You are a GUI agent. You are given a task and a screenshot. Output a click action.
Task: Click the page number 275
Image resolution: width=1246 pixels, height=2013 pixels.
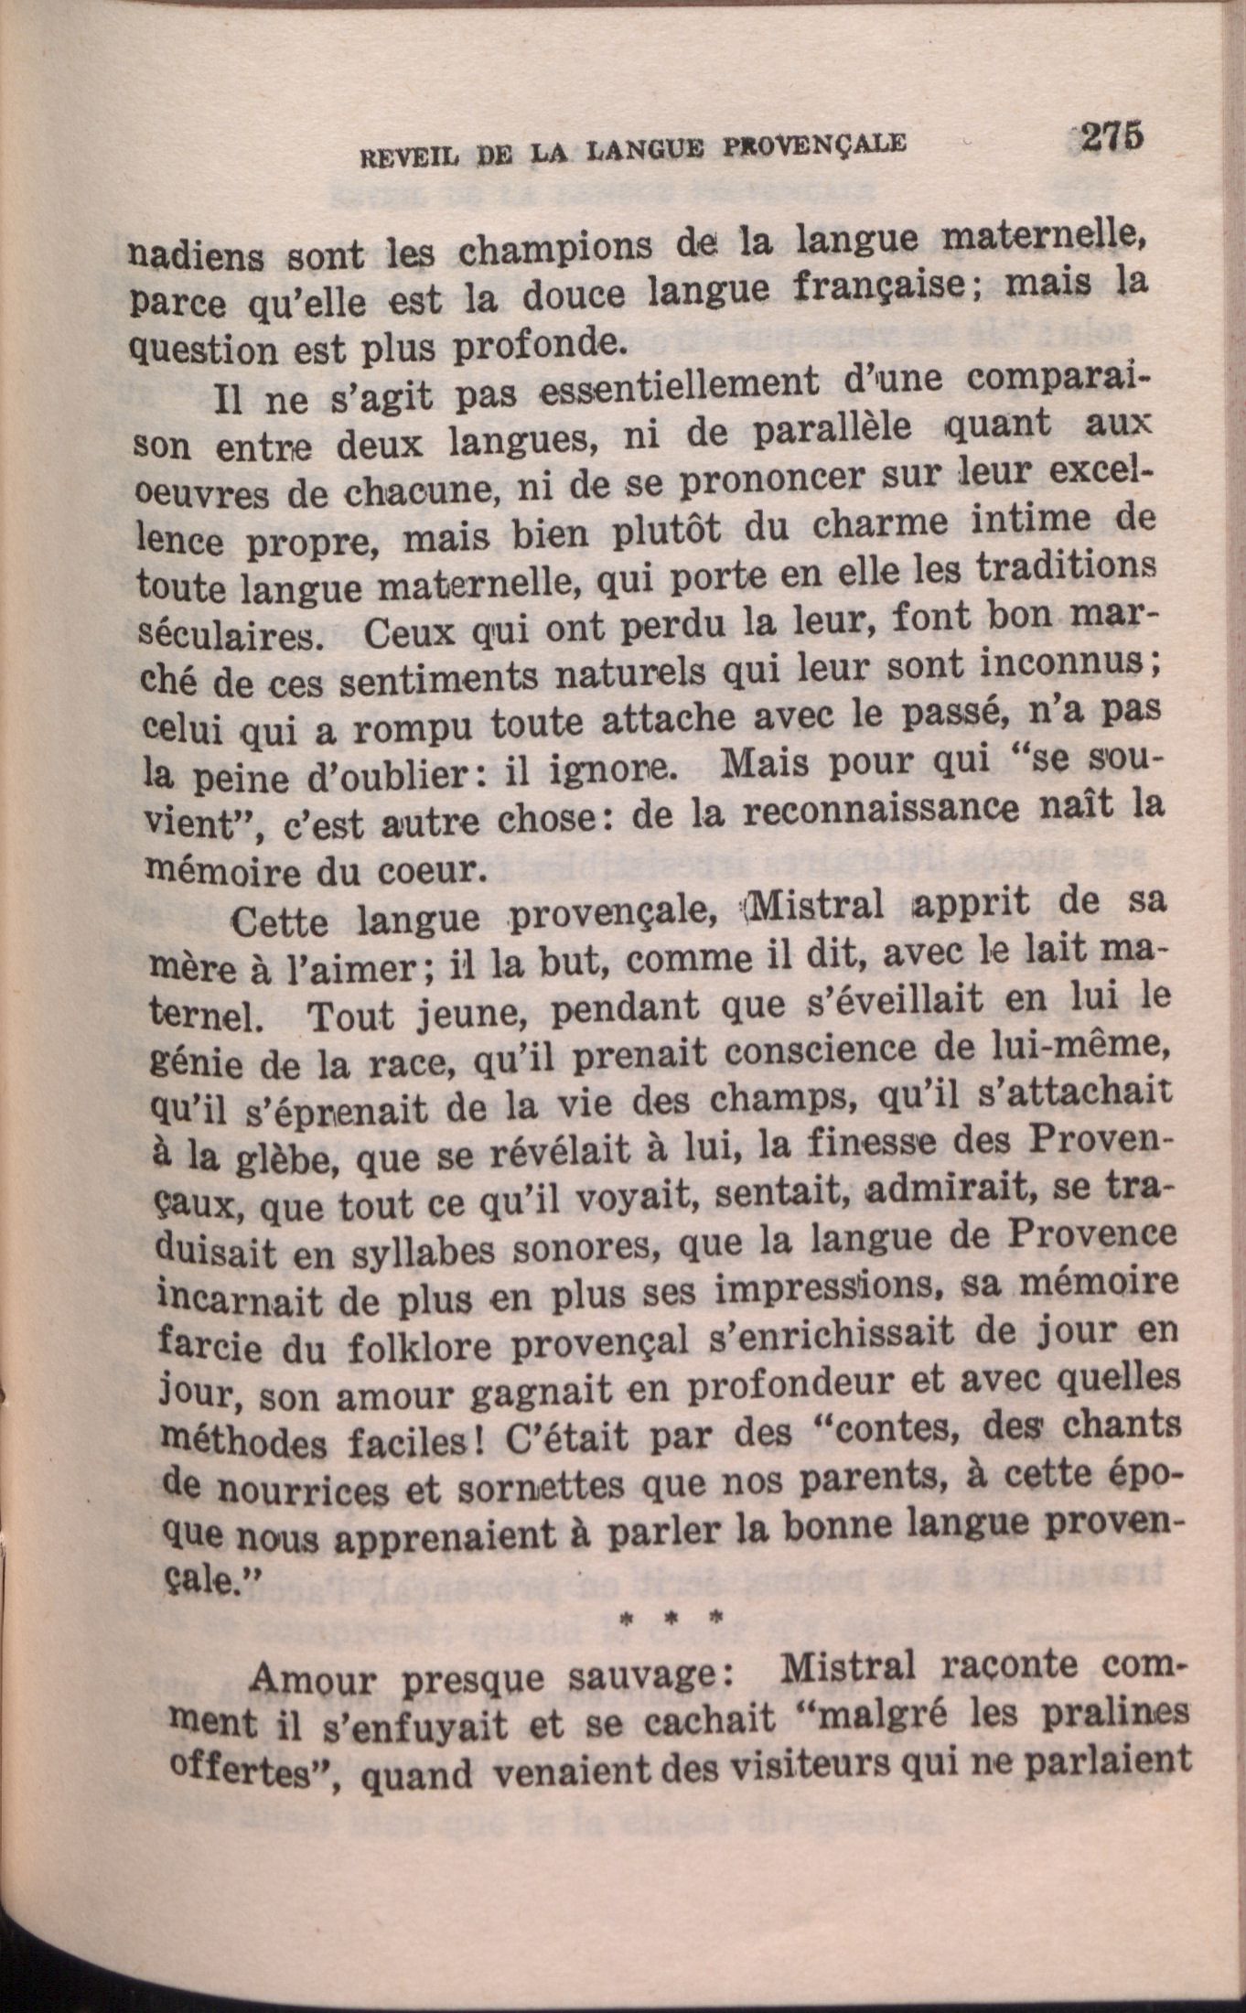click(1110, 136)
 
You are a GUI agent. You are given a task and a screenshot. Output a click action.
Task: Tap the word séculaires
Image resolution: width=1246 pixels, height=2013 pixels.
click(229, 635)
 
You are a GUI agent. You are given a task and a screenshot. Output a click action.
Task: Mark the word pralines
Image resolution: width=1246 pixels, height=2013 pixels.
click(1112, 1709)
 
